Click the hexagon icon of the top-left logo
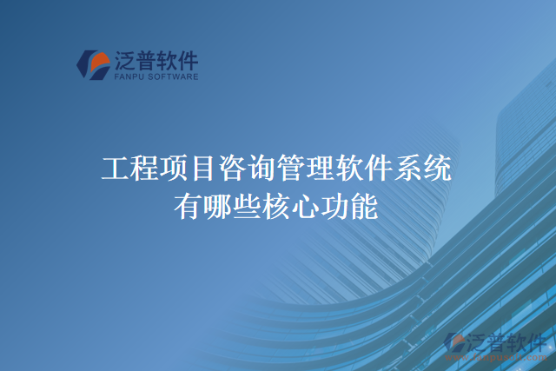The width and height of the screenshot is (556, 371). (x=94, y=64)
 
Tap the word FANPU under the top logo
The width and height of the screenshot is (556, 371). (x=129, y=76)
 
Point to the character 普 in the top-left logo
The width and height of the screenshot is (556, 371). (x=149, y=59)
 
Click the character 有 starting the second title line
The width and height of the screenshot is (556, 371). (x=189, y=207)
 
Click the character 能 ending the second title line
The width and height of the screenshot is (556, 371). (x=365, y=207)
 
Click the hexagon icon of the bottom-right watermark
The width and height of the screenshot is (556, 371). (x=453, y=343)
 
